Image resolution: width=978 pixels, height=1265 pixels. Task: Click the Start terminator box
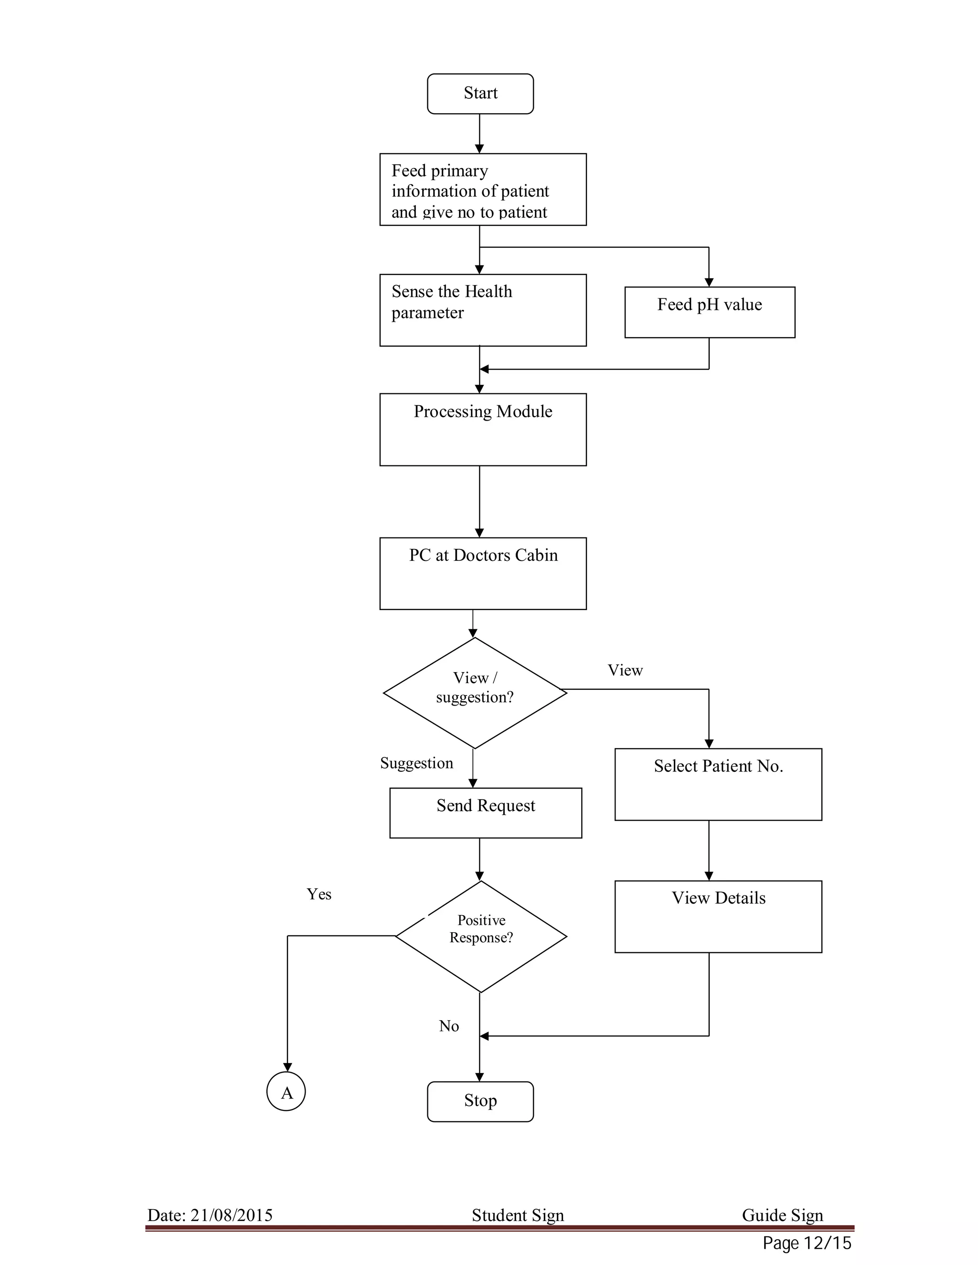[x=480, y=93]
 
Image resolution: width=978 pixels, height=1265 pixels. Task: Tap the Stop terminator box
[x=480, y=1100]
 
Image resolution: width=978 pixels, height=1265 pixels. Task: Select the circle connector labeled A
[x=286, y=1091]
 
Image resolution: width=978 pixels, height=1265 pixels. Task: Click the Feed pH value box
[x=709, y=312]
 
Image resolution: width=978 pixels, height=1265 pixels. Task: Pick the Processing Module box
[x=483, y=429]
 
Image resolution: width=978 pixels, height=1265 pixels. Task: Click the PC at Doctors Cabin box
[x=483, y=573]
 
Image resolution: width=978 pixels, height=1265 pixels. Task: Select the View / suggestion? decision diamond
[x=475, y=692]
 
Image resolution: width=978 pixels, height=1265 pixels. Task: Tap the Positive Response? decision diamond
[x=480, y=936]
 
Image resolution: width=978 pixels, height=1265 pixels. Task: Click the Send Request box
[x=485, y=812]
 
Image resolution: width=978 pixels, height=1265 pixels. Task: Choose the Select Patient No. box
[x=718, y=784]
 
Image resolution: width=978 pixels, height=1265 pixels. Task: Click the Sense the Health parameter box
[x=483, y=310]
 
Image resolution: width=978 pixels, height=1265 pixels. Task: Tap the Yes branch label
[x=319, y=894]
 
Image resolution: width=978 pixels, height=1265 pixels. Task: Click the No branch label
[x=448, y=1026]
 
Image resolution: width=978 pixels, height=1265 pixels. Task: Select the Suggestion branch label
[x=416, y=763]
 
